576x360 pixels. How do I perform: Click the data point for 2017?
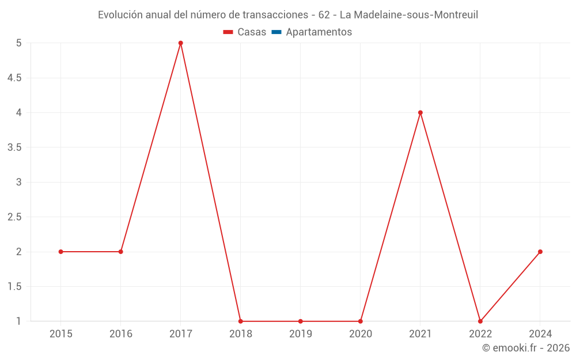[x=180, y=43]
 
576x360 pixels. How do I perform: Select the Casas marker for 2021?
[x=420, y=113]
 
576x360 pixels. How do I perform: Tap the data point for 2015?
[x=60, y=252]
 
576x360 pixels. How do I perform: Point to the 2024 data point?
[x=540, y=252]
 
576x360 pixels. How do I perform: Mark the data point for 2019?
[x=301, y=321]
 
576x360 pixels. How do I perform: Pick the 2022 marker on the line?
[x=480, y=321]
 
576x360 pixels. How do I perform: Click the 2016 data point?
[x=120, y=252]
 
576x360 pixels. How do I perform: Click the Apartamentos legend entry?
[x=319, y=32]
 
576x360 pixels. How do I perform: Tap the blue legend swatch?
[x=276, y=32]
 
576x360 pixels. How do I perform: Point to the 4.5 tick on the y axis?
[x=14, y=78]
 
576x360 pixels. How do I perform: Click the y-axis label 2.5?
[x=14, y=217]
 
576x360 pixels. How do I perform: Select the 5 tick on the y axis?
[x=19, y=43]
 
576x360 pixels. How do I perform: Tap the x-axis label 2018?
[x=241, y=334]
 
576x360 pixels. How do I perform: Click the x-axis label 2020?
[x=361, y=334]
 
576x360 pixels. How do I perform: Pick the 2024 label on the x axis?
[x=540, y=334]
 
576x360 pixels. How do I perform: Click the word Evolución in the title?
[x=120, y=15]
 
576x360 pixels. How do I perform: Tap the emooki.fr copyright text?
[x=525, y=348]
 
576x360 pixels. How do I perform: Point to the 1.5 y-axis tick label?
[x=14, y=287]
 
